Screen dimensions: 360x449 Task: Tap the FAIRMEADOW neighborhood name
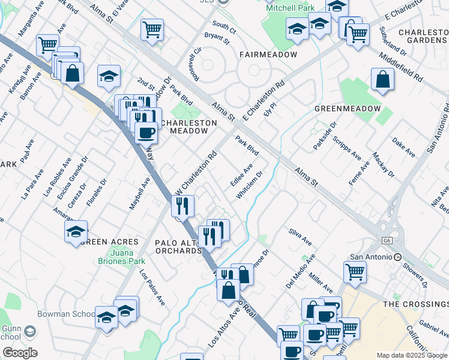click(x=268, y=55)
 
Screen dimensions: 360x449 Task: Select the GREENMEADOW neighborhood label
click(x=348, y=109)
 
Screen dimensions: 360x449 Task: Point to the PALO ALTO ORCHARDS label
click(x=178, y=247)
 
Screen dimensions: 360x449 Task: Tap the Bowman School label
click(x=74, y=314)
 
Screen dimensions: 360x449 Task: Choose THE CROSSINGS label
click(x=415, y=304)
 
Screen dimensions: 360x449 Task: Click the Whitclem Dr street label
click(x=250, y=187)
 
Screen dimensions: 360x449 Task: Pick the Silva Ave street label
click(x=300, y=236)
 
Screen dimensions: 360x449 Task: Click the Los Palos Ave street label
click(x=152, y=286)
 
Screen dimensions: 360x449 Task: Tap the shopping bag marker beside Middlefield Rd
click(x=382, y=80)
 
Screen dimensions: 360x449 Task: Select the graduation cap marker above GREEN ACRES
click(x=76, y=232)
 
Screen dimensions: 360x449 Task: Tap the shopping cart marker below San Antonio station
click(x=355, y=272)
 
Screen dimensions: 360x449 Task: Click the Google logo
click(x=20, y=352)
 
